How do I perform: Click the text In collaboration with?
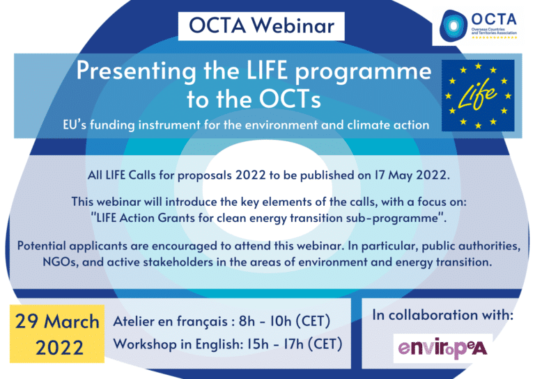click(x=442, y=315)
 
